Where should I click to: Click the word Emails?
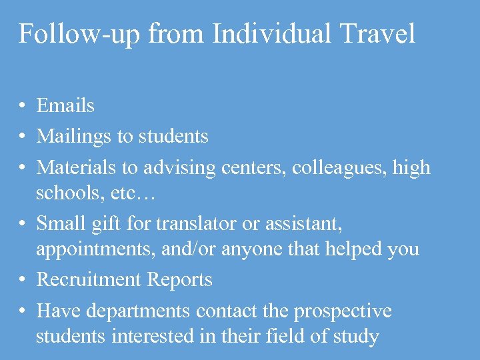(x=65, y=105)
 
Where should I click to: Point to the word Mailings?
(x=74, y=137)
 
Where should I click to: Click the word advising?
(x=175, y=168)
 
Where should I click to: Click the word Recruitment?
(x=89, y=280)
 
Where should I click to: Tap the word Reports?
(x=180, y=280)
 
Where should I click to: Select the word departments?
(x=149, y=311)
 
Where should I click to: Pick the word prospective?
(x=343, y=311)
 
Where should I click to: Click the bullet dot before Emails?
(x=22, y=105)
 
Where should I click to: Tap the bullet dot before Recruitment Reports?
(x=22, y=280)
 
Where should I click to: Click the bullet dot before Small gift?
(x=22, y=224)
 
